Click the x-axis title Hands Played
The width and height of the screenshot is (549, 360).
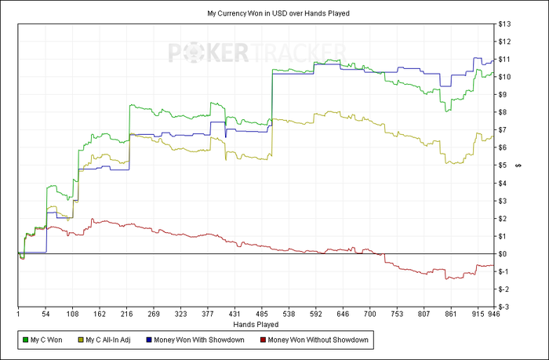coord(256,323)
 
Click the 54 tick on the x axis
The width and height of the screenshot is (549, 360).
coord(45,314)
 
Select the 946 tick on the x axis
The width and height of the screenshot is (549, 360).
coord(493,314)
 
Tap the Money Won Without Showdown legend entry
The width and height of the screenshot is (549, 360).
coord(317,340)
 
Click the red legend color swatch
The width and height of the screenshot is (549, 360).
coord(262,340)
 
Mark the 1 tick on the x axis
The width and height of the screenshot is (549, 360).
coord(18,314)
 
